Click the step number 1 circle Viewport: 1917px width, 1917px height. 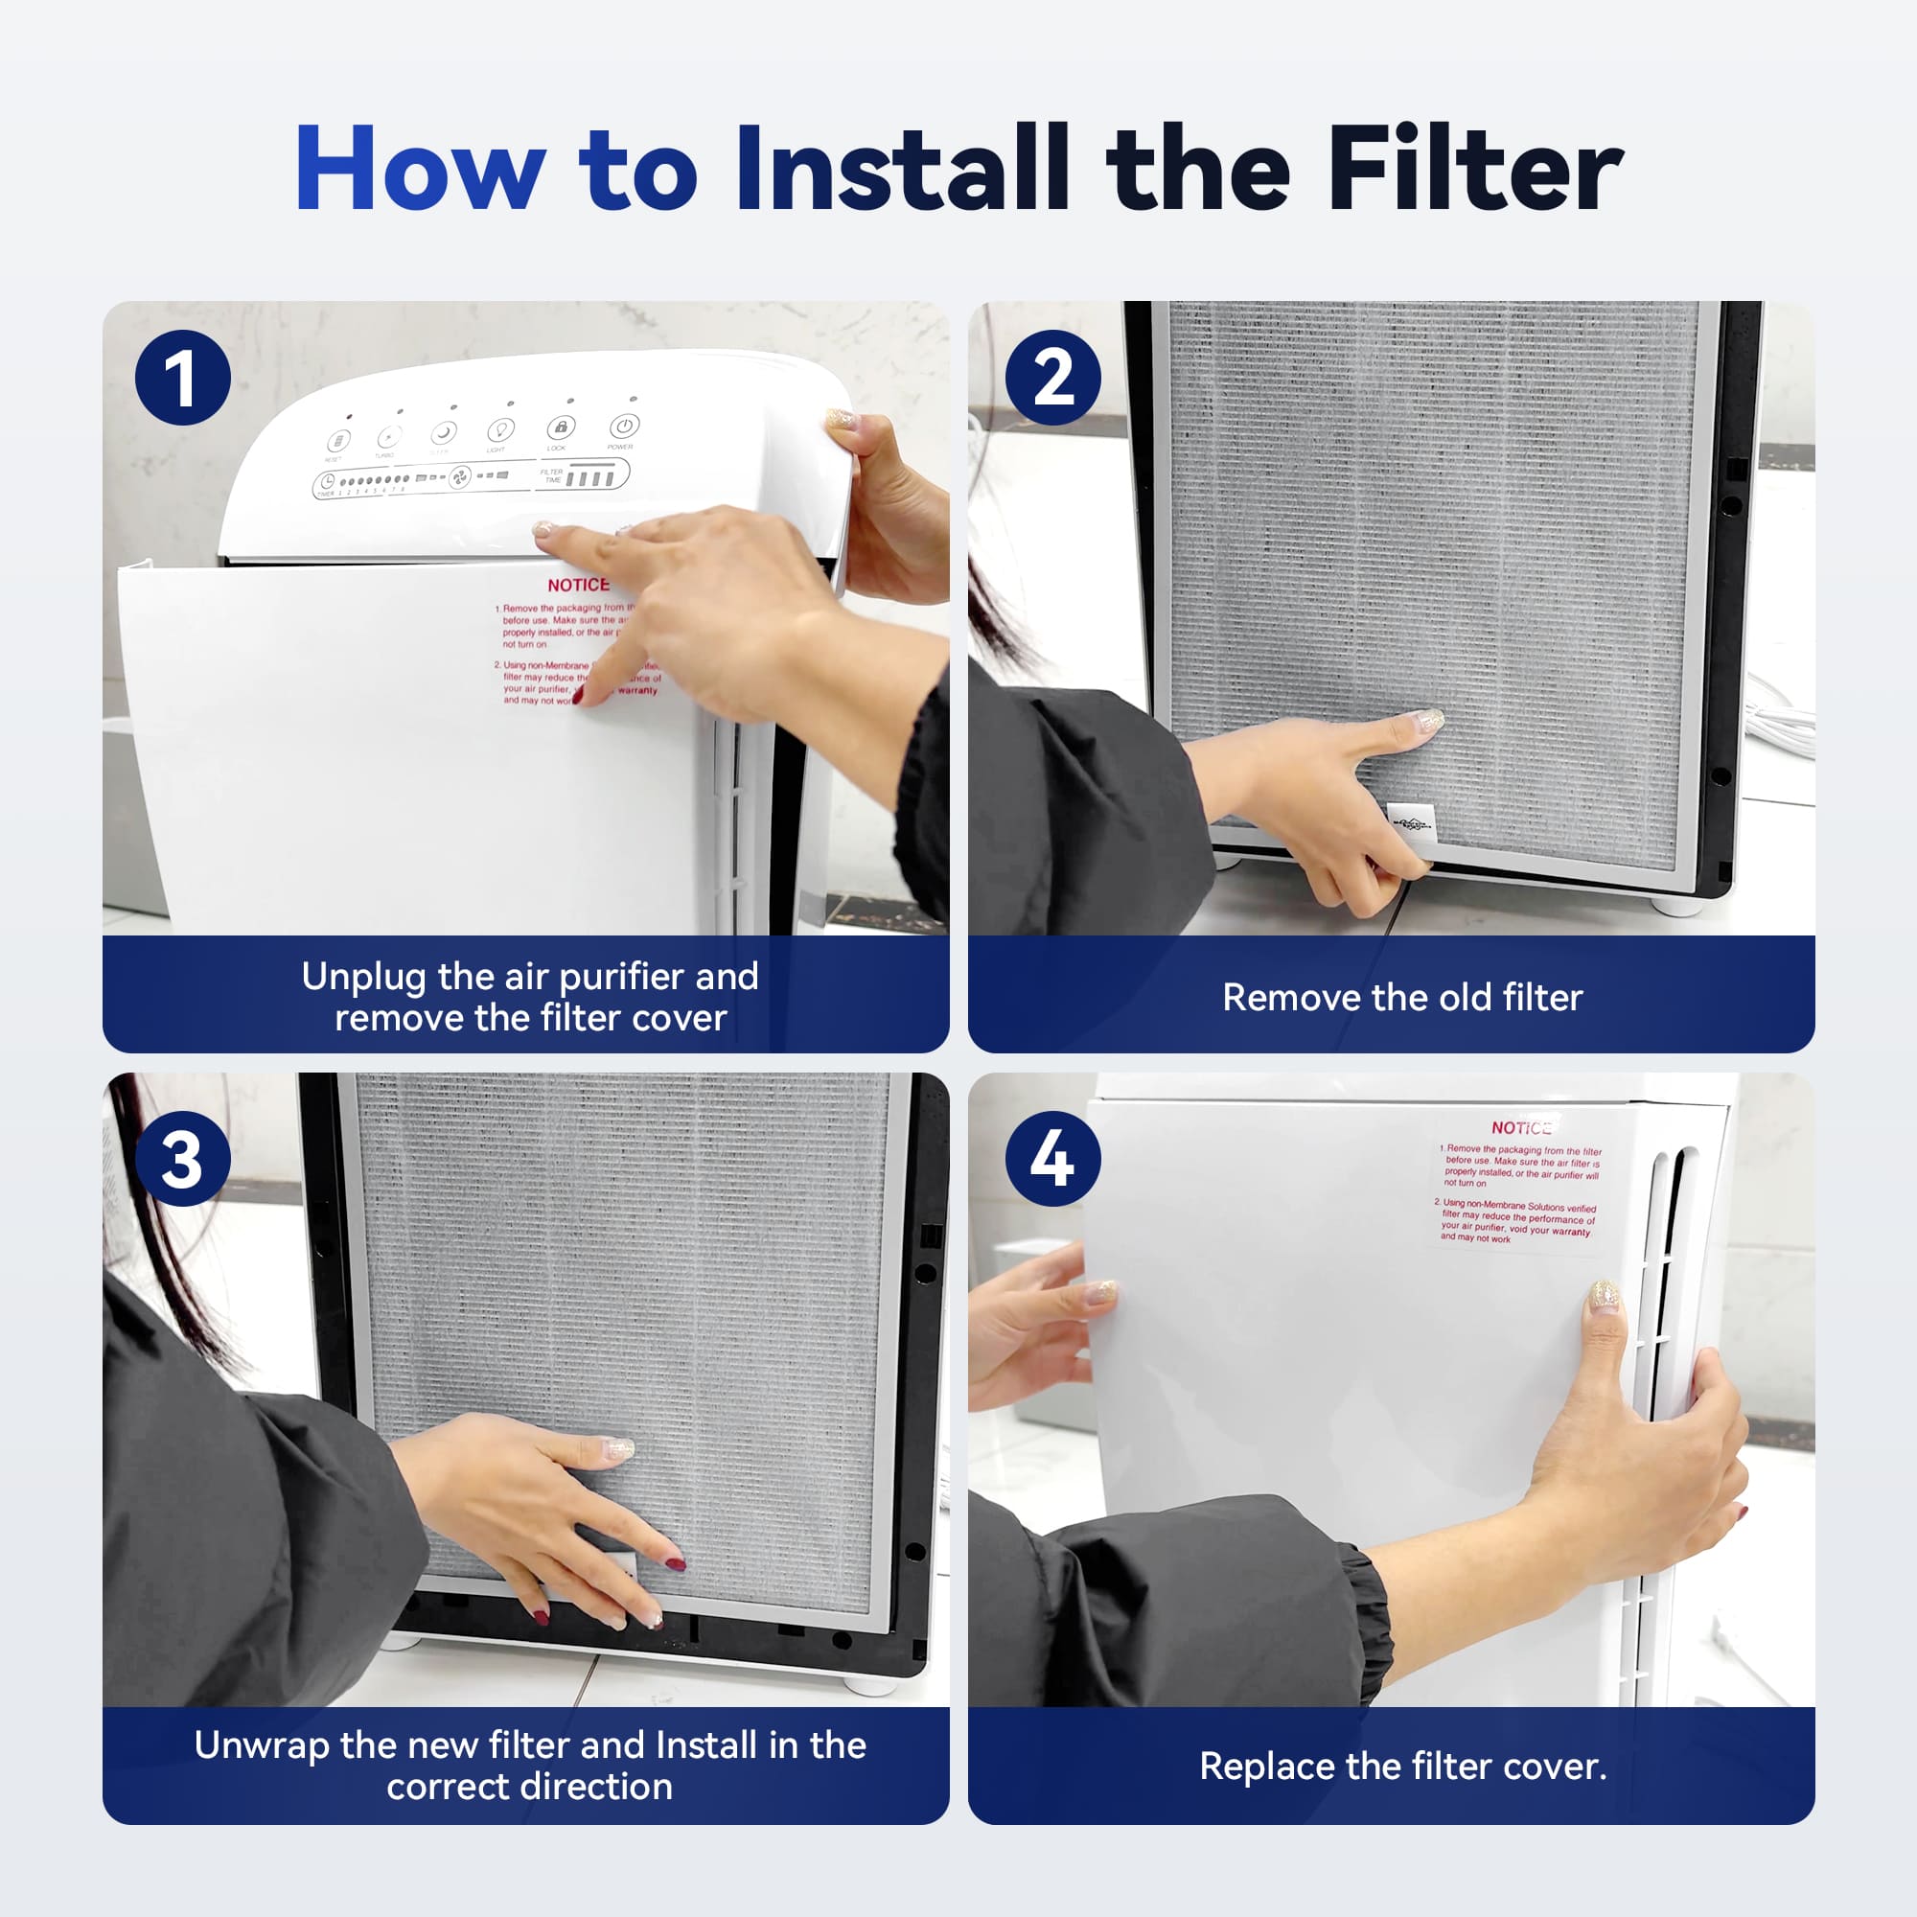pos(182,378)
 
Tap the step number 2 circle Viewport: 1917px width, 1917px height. pos(1052,378)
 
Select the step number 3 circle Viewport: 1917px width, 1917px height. pos(182,1159)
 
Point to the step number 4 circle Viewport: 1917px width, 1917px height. pos(1052,1159)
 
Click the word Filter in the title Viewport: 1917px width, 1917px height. pos(1474,169)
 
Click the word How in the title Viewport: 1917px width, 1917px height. pos(420,169)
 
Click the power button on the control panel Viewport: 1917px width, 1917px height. pos(623,427)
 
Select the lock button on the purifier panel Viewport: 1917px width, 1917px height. pos(561,427)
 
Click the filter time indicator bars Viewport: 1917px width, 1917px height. pos(589,479)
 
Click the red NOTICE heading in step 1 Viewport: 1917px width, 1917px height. pos(579,586)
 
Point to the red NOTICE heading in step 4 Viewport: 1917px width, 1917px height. pos(1521,1128)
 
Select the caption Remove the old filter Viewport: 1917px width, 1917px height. pos(1402,997)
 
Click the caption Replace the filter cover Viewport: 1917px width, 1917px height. pos(1402,1767)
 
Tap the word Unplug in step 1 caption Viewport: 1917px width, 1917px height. pos(364,978)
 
